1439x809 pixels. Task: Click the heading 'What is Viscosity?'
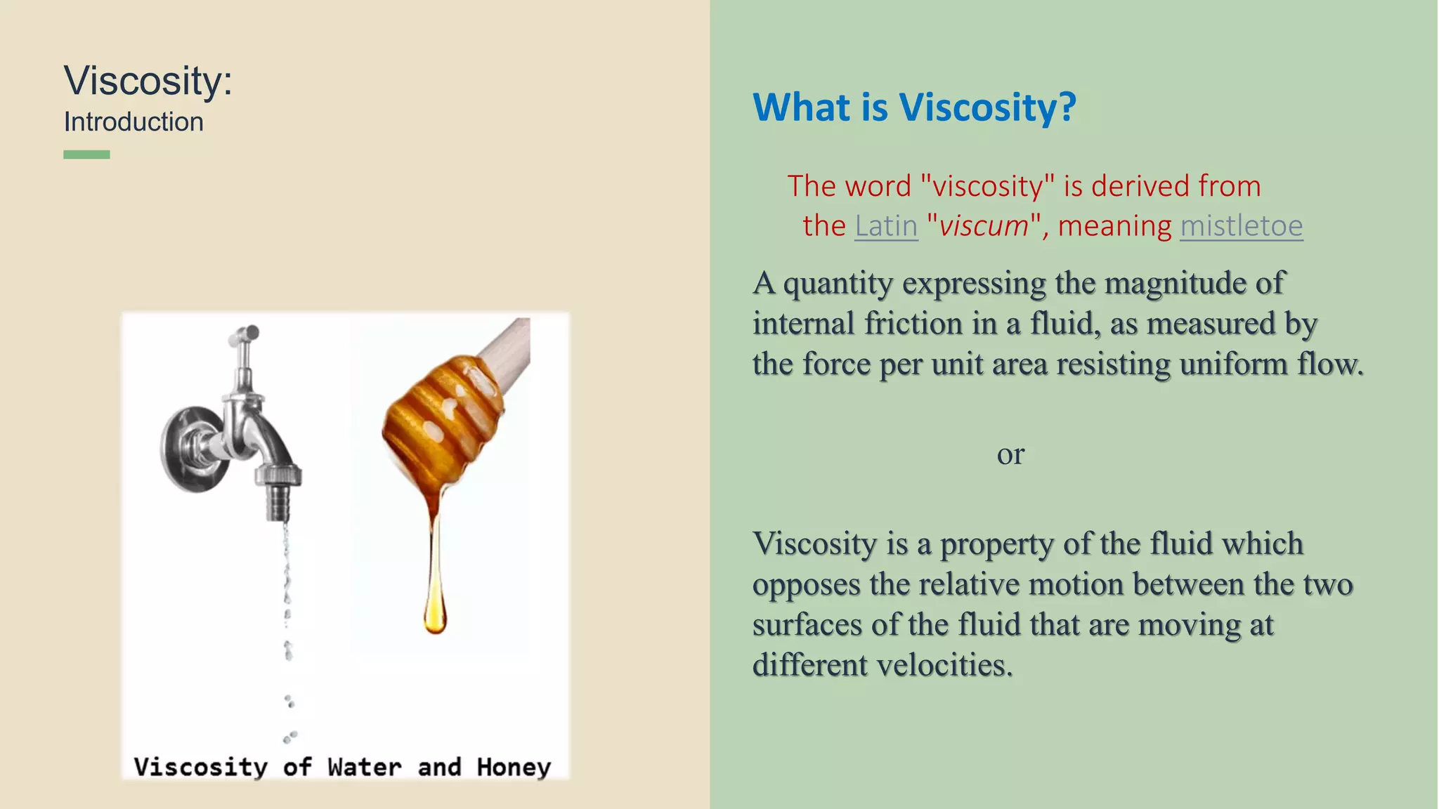tap(913, 107)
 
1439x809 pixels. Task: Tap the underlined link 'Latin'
tap(886, 226)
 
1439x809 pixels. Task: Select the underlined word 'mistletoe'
tap(1241, 226)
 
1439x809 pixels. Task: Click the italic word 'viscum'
tap(983, 226)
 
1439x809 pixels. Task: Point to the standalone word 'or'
tap(1010, 454)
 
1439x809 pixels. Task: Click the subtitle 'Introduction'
tap(134, 122)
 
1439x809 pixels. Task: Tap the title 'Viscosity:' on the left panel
tap(148, 80)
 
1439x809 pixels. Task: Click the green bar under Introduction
tap(86, 154)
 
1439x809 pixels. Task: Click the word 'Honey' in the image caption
tap(514, 767)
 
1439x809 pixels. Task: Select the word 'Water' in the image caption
tap(364, 767)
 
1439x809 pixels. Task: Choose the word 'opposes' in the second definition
tap(806, 584)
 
